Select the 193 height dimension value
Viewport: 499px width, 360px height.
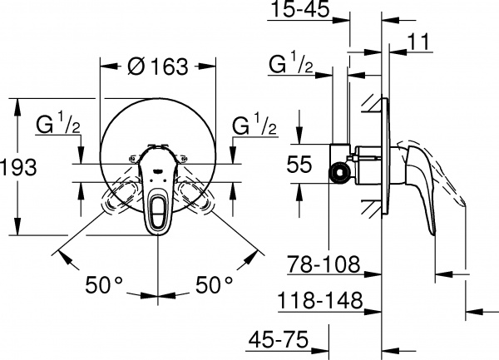18,167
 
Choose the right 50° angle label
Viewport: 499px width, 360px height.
215,285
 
